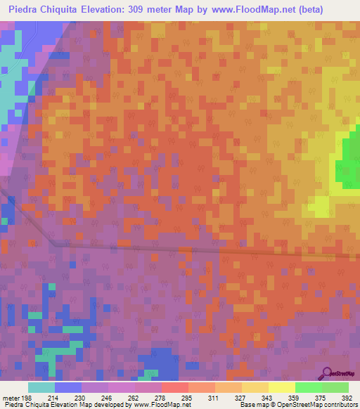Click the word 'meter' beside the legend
pyautogui.click(x=12, y=398)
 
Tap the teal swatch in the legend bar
pyautogui.click(x=41, y=387)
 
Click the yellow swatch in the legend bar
pyautogui.click(x=281, y=387)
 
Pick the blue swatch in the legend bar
pyautogui.click(x=68, y=387)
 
